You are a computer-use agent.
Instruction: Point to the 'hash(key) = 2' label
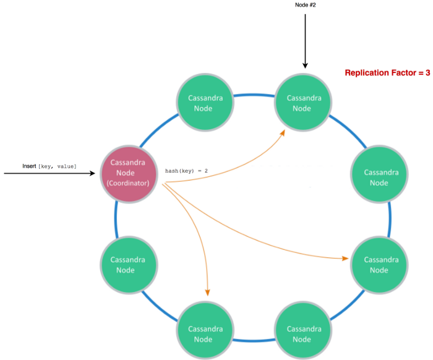pyautogui.click(x=187, y=171)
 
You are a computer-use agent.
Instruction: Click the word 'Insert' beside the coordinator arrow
pyautogui.click(x=29, y=167)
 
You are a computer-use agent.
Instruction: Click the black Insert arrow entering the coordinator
pyautogui.click(x=49, y=174)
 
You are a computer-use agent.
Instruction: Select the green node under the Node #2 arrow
pyautogui.click(x=302, y=103)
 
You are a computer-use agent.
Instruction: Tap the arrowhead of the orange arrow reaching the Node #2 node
pyautogui.click(x=283, y=131)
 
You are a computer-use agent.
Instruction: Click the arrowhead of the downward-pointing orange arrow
pyautogui.click(x=208, y=292)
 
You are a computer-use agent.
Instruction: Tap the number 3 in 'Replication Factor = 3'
pyautogui.click(x=427, y=73)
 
